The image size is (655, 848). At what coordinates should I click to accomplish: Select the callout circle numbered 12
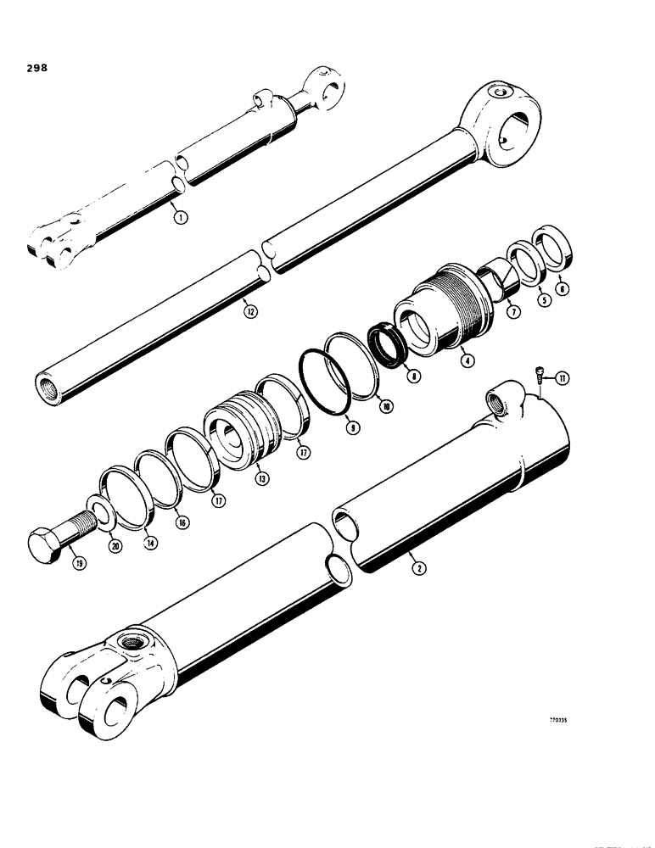[249, 310]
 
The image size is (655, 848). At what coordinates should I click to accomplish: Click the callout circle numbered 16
[179, 523]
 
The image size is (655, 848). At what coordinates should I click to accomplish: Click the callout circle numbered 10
[386, 407]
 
